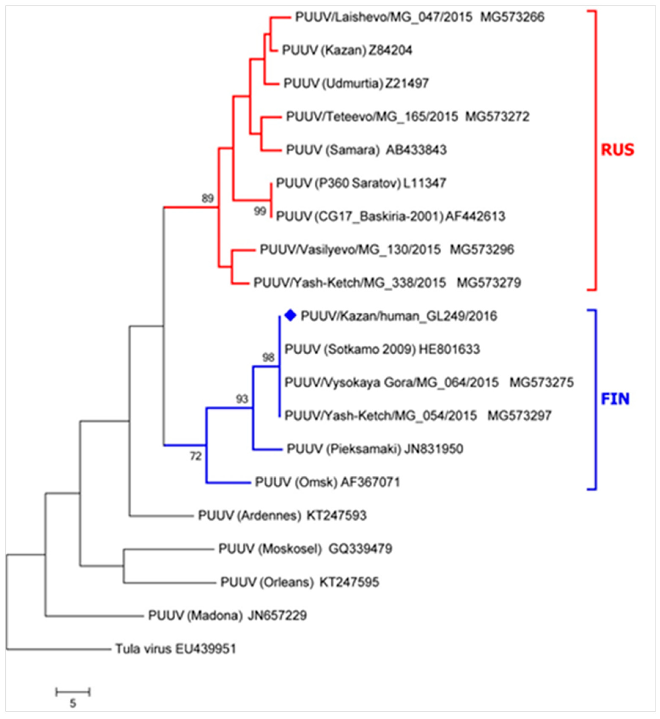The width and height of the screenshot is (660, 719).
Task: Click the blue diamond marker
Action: click(x=291, y=315)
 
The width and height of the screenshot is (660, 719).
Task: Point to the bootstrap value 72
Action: click(x=195, y=456)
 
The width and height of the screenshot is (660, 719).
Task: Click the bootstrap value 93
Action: click(x=242, y=399)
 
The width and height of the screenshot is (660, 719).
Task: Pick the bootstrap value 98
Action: click(x=268, y=357)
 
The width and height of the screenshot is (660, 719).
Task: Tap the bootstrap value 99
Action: click(x=260, y=211)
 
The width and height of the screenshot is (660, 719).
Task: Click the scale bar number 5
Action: click(x=73, y=703)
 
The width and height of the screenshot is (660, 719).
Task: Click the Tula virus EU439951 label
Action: click(x=176, y=649)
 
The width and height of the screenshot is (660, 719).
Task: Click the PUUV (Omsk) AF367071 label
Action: click(x=327, y=482)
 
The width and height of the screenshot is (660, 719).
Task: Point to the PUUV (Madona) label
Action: click(x=195, y=615)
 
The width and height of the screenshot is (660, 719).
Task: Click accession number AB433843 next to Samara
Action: click(x=416, y=150)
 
